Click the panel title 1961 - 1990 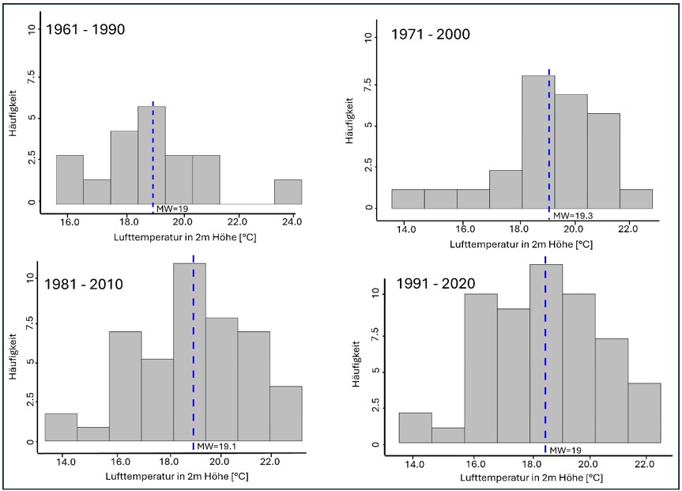coord(85,29)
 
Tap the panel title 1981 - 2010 coord(85,284)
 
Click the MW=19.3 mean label coord(571,215)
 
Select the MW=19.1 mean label coord(216,447)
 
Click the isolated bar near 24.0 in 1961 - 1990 coord(288,191)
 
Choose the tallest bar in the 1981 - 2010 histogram coord(190,351)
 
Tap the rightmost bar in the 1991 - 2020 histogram coord(646,413)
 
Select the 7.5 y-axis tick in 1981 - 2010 coord(29,321)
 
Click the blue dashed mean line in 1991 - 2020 coord(544,356)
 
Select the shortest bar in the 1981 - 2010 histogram coord(93,433)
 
